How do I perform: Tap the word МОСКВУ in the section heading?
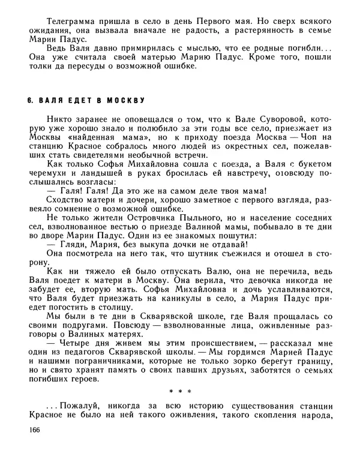[124, 98]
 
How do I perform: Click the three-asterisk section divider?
[180, 392]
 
